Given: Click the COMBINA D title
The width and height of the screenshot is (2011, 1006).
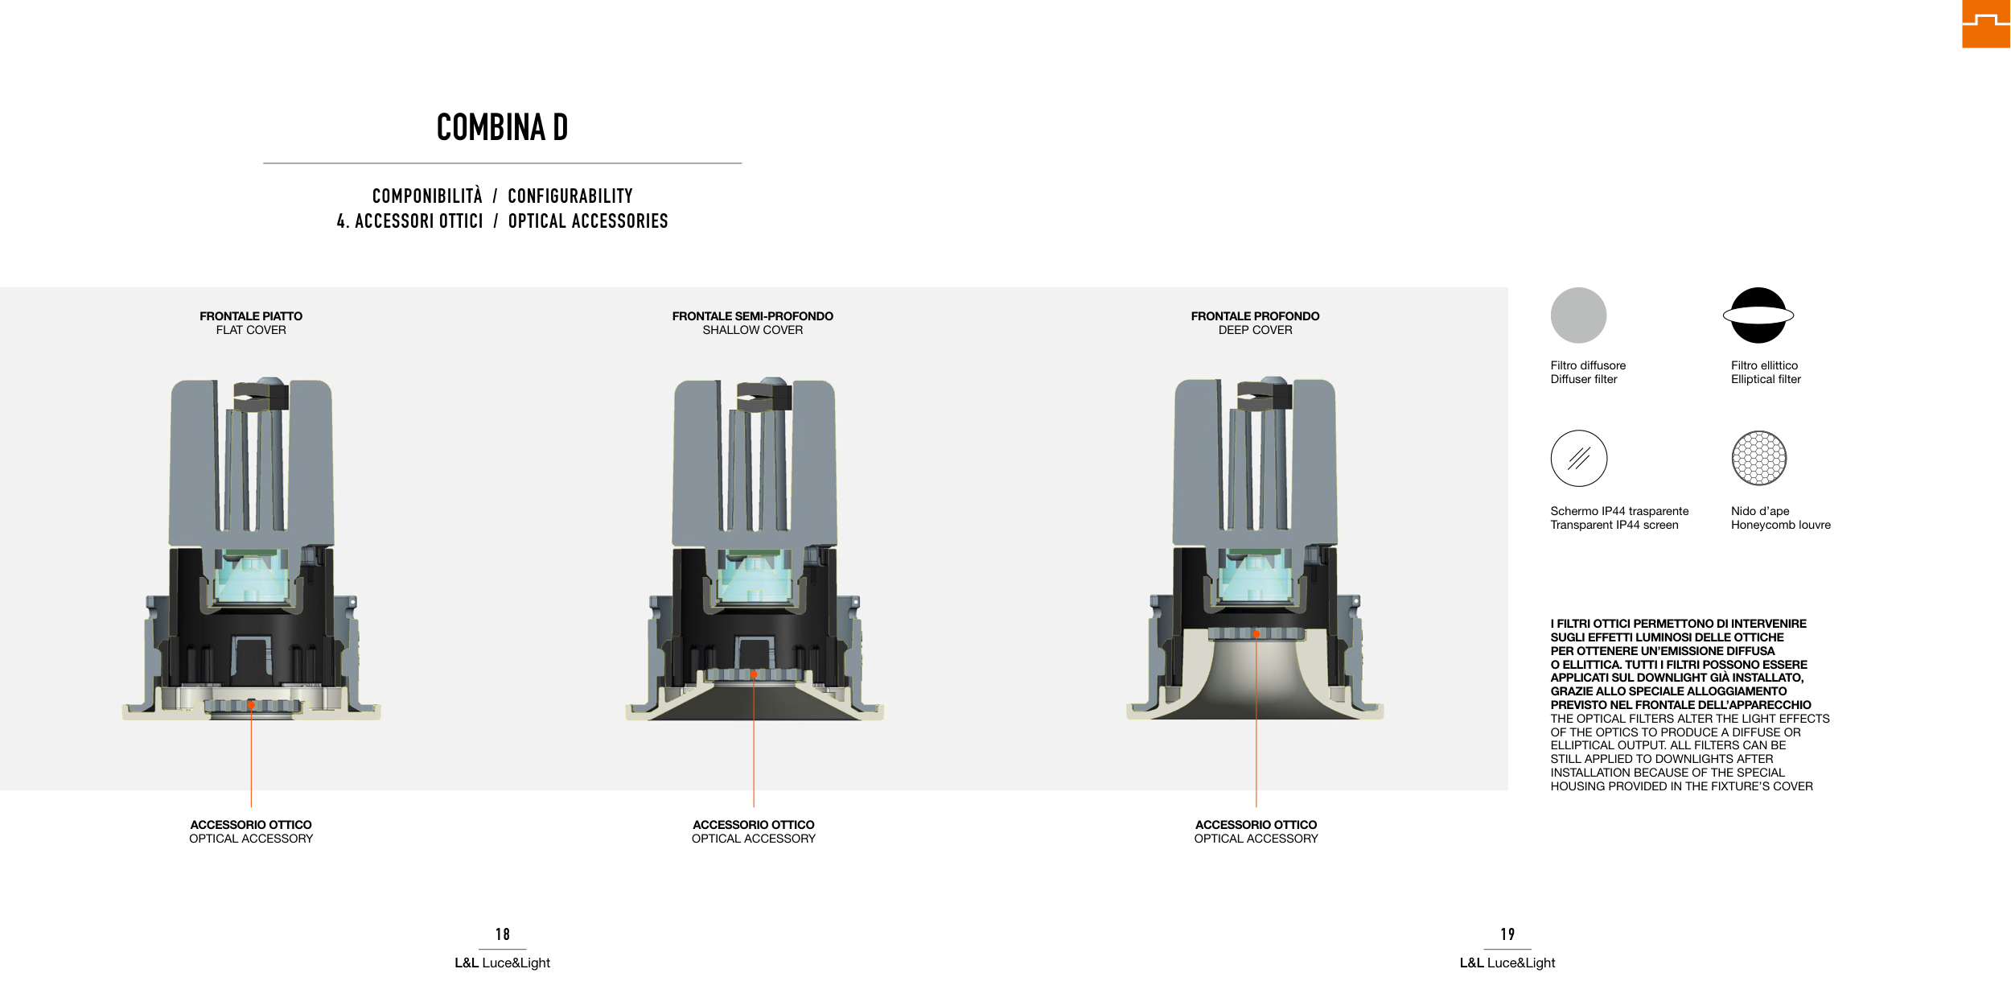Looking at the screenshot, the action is coord(502,127).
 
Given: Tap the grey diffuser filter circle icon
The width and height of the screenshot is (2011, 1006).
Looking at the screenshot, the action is coord(1578,315).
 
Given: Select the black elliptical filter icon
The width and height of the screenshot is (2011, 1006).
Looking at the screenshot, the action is coord(1758,315).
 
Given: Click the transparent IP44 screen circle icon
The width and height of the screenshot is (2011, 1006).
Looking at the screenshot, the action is coord(1579,458).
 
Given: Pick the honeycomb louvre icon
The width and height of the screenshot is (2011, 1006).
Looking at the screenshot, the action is coord(1759,458).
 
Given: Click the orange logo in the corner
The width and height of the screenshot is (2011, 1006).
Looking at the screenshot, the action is coord(1986,24).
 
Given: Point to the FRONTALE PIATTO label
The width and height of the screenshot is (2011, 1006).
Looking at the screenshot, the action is coord(251,316).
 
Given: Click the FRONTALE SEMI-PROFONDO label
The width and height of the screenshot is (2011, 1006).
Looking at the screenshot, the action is coord(753,316).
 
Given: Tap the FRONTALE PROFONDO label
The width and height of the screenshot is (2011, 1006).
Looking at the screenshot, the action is coord(1255,316).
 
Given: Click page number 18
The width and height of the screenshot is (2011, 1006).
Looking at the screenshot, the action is coord(503,934).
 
